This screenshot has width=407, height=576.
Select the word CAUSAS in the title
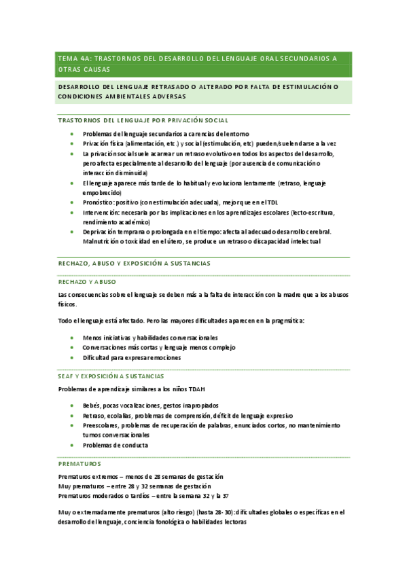94,69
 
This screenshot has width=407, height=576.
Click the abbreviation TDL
272,202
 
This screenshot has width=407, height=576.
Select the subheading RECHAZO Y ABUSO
86,281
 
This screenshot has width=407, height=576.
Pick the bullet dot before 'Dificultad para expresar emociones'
73,357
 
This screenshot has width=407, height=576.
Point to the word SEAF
67,376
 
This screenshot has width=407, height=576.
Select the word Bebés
92,406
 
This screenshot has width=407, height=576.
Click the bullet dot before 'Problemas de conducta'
73,445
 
